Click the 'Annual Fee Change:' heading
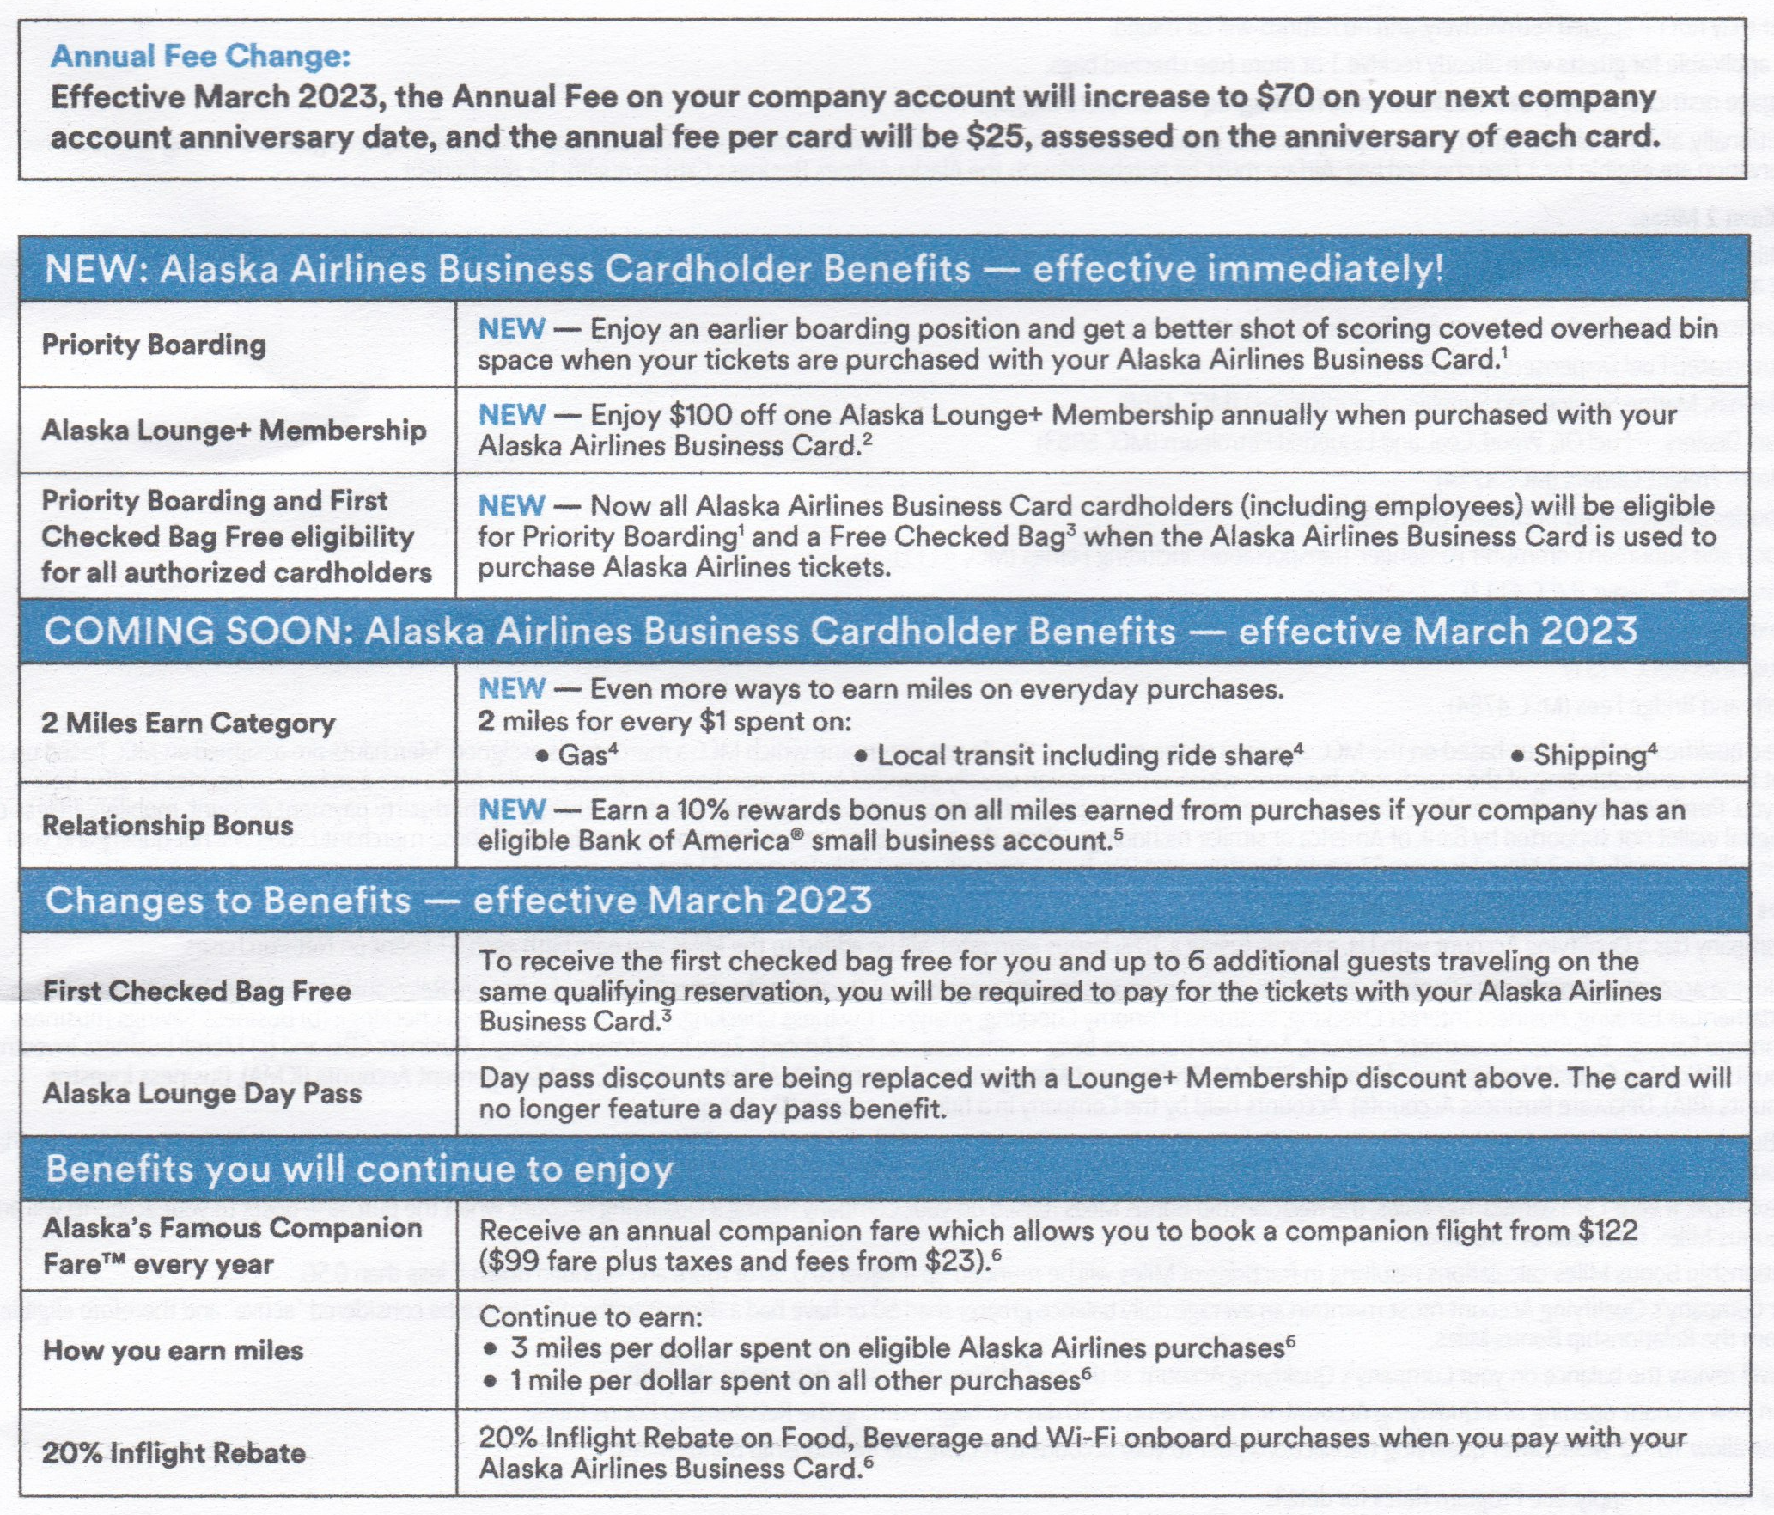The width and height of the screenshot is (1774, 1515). click(x=200, y=57)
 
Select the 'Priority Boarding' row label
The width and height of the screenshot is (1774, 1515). click(x=154, y=345)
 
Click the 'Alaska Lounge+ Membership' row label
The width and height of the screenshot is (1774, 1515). click(x=234, y=430)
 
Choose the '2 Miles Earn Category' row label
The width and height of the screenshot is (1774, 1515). click(x=188, y=724)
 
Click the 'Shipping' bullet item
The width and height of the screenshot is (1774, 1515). click(x=1587, y=756)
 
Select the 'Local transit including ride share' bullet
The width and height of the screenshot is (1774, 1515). click(x=1084, y=756)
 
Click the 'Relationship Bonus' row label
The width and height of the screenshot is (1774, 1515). click(x=168, y=826)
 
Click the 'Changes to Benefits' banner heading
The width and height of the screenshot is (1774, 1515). click(x=229, y=901)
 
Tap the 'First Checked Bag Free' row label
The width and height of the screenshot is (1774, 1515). click(x=197, y=992)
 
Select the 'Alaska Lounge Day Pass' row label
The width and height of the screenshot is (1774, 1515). click(x=202, y=1094)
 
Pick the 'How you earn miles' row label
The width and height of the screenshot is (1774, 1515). click(x=173, y=1350)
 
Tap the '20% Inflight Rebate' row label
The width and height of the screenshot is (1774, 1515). click(x=174, y=1453)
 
